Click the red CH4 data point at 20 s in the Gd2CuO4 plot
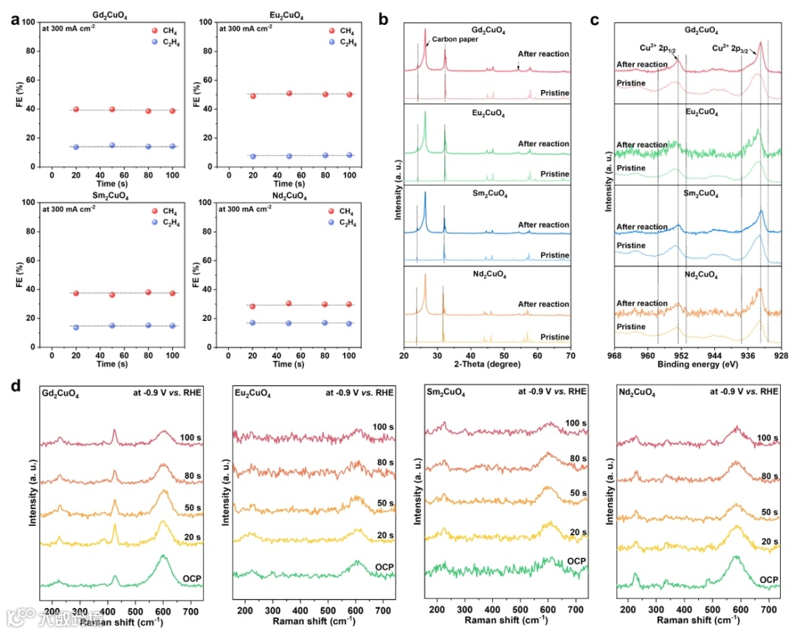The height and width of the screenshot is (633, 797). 75,109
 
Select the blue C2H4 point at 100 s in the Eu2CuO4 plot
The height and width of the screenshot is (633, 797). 350,155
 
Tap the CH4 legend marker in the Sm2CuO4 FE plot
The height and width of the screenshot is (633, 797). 153,211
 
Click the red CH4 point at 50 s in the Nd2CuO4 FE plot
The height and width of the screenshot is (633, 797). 289,303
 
